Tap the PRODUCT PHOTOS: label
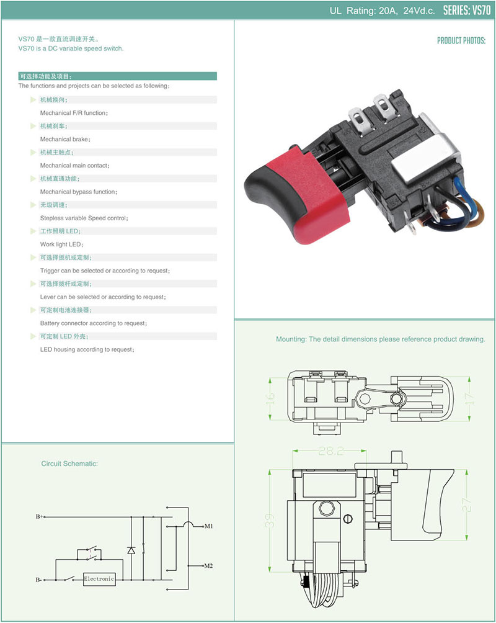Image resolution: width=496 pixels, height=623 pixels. click(x=461, y=41)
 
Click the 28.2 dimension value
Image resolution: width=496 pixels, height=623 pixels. click(x=328, y=452)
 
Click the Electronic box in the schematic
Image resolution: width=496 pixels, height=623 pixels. click(x=99, y=579)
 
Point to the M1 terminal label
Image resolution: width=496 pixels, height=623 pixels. click(x=209, y=526)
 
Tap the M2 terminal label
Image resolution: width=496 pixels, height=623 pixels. click(x=209, y=566)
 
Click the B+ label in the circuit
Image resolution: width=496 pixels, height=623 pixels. click(x=40, y=516)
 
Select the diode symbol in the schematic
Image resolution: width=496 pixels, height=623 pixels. click(x=131, y=550)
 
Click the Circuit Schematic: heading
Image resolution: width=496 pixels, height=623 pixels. click(x=69, y=464)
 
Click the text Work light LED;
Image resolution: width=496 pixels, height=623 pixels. click(x=61, y=244)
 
